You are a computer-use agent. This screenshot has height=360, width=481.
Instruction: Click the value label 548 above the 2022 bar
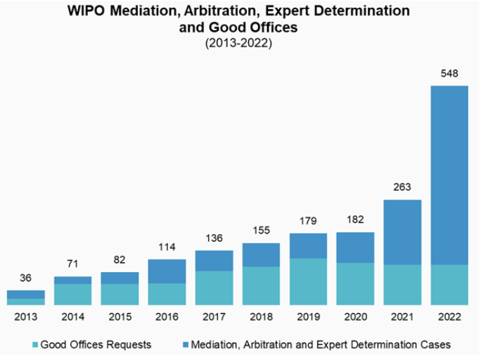coord(449,72)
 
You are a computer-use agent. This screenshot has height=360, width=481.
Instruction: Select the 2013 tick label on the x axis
coord(25,317)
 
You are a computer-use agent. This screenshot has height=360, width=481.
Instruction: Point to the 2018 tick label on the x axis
coord(261,317)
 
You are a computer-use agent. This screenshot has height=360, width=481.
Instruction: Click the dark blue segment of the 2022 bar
coord(449,175)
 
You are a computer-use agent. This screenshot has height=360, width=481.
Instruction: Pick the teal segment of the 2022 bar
coord(449,285)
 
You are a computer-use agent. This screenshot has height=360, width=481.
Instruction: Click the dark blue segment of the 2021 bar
coord(402,232)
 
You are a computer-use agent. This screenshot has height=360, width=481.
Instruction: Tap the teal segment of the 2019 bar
coord(308,281)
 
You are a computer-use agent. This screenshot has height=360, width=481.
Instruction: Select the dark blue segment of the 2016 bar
coord(167,271)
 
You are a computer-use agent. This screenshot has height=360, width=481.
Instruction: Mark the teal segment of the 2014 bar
coord(72,294)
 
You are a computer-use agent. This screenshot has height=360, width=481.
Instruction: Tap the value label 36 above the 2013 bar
coord(25,277)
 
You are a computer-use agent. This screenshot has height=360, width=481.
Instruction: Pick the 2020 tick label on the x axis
coord(355,317)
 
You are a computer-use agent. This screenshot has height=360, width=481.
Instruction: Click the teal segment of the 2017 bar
coord(214,288)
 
